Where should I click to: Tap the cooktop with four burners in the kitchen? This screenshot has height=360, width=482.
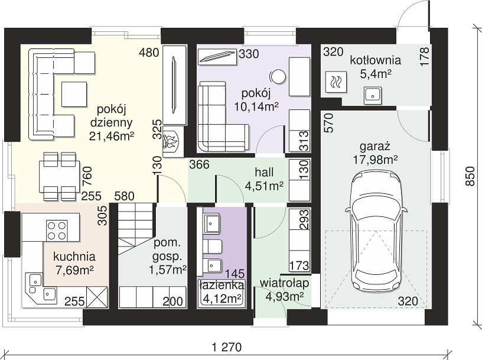click(x=57, y=231)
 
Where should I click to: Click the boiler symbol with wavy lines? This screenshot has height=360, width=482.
click(x=336, y=82)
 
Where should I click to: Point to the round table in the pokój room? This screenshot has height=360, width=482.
click(x=277, y=76)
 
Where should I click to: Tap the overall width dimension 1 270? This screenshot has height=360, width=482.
click(x=227, y=348)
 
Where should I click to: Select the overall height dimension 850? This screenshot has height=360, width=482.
click(x=470, y=176)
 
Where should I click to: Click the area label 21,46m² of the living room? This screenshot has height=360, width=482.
click(x=112, y=136)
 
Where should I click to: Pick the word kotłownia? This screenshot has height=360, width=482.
click(x=375, y=60)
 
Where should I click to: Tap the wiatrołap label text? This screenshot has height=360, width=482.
click(x=285, y=283)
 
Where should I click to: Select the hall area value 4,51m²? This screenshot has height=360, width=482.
click(x=264, y=186)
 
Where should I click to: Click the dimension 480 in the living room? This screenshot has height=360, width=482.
click(x=149, y=53)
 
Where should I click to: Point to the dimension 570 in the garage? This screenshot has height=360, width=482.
click(x=328, y=123)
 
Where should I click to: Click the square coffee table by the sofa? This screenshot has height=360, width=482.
click(x=74, y=94)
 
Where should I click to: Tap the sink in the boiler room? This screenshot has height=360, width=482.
click(x=373, y=95)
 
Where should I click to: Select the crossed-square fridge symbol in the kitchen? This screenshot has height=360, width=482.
click(x=97, y=297)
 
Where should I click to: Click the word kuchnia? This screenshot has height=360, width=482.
click(x=74, y=257)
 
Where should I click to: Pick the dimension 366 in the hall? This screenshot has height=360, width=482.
click(x=199, y=164)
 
